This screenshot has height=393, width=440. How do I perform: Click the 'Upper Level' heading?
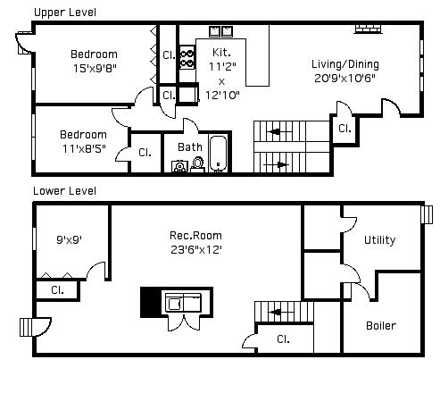pyautogui.click(x=65, y=13)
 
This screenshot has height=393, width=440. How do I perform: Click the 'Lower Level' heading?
pyautogui.click(x=64, y=191)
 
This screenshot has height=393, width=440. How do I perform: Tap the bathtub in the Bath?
pyautogui.click(x=218, y=154)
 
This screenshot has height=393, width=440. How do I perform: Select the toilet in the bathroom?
pyautogui.click(x=197, y=164)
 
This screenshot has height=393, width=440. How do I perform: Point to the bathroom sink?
pyautogui.click(x=179, y=166)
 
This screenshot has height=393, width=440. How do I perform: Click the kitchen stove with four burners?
pyautogui.click(x=187, y=58)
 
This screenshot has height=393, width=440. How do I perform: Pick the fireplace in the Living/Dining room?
pyautogui.click(x=368, y=29)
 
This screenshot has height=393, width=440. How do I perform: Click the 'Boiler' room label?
pyautogui.click(x=381, y=326)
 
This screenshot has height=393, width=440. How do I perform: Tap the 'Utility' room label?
pyautogui.click(x=380, y=240)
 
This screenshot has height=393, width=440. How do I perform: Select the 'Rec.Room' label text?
pyautogui.click(x=195, y=236)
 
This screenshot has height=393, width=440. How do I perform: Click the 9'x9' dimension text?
pyautogui.click(x=69, y=239)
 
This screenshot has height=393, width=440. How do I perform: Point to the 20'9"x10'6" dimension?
pyautogui.click(x=345, y=79)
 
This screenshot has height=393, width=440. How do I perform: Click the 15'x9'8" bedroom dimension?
pyautogui.click(x=95, y=69)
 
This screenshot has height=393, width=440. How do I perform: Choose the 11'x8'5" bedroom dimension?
pyautogui.click(x=84, y=148)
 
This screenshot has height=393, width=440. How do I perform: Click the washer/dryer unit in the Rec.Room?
pyautogui.click(x=183, y=303)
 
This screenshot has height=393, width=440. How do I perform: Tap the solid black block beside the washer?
pyautogui.click(x=151, y=302)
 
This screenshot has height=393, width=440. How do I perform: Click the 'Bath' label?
pyautogui.click(x=190, y=147)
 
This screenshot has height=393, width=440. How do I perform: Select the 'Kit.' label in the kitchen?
pyautogui.click(x=221, y=53)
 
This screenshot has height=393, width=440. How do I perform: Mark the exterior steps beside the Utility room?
pyautogui.click(x=427, y=214)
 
